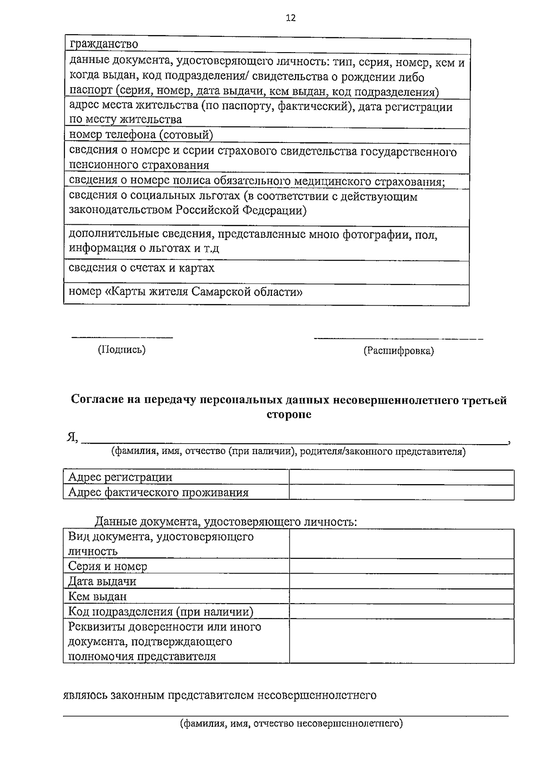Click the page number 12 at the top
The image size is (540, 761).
pyautogui.click(x=291, y=18)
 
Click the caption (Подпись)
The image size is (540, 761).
pyautogui.click(x=122, y=349)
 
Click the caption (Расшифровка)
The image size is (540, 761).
pyautogui.click(x=398, y=351)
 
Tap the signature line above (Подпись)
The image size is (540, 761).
pyautogui.click(x=122, y=336)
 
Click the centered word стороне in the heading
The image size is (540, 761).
pyautogui.click(x=288, y=414)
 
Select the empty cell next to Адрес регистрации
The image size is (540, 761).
pyautogui.click(x=401, y=477)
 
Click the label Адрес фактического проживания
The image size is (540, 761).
pyautogui.click(x=158, y=492)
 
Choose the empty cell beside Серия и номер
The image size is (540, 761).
pyautogui.click(x=401, y=566)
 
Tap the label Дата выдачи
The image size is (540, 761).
pyautogui.click(x=102, y=581)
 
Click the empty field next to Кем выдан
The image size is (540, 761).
pyautogui.click(x=401, y=596)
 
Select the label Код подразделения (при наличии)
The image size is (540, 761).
pyautogui.click(x=161, y=611)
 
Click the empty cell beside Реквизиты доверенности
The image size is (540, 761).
pyautogui.click(x=401, y=641)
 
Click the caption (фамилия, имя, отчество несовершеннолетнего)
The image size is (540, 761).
pyautogui.click(x=291, y=724)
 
